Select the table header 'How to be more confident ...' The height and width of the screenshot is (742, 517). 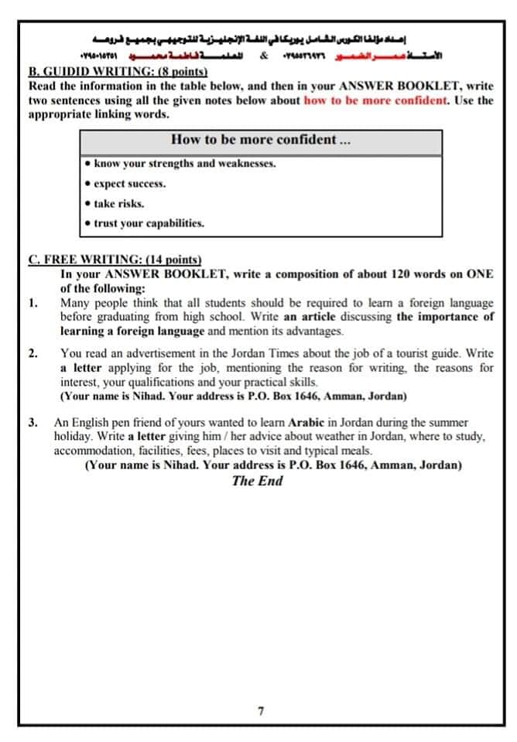point(260,140)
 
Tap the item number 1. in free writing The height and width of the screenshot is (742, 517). point(33,302)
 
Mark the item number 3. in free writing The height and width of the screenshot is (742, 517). point(33,424)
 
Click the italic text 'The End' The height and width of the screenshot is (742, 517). point(258,481)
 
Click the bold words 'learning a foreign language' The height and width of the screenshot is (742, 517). point(132,331)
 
